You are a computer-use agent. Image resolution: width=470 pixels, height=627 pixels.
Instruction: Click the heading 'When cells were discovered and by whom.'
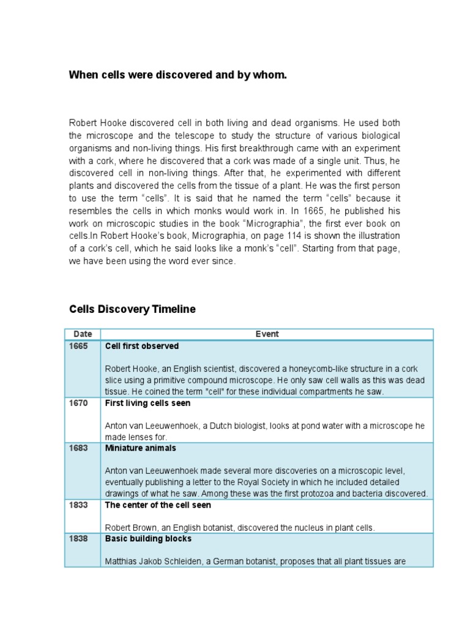[x=177, y=75]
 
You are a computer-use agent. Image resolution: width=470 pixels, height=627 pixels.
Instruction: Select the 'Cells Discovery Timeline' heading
[x=132, y=309]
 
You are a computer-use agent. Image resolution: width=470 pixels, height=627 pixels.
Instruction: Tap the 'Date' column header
[x=83, y=334]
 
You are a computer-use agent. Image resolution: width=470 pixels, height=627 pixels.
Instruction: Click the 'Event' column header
[x=267, y=334]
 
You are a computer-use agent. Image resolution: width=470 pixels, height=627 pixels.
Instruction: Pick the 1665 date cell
[x=78, y=347]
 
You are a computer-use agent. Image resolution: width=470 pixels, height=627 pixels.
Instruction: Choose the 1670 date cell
[x=78, y=404]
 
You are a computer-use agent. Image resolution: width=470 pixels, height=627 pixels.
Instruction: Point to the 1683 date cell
[x=78, y=448]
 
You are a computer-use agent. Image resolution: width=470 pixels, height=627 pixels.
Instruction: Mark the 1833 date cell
[x=78, y=505]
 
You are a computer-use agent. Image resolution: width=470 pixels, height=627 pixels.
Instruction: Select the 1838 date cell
[x=78, y=539]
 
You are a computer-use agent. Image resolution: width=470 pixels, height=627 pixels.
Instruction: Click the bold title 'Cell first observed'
[x=142, y=347]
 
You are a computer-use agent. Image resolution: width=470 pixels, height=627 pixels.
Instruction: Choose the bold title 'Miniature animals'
[x=141, y=448]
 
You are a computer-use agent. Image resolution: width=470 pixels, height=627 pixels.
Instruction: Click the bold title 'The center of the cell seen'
[x=158, y=505]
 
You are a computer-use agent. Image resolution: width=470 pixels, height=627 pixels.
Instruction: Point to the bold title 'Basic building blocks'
[x=148, y=539]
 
